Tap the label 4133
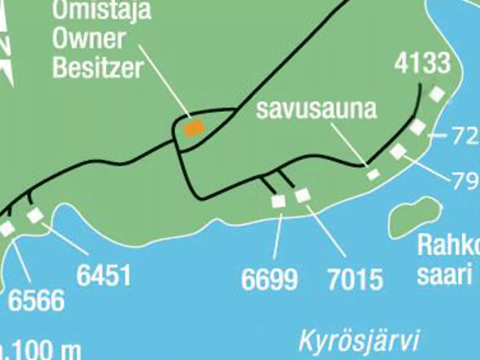(x=422, y=63)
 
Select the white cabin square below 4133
(x=437, y=94)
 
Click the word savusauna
(x=316, y=110)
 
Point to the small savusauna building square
(x=373, y=174)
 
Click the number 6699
(x=269, y=280)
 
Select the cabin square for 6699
(x=278, y=201)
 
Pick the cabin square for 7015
(x=302, y=196)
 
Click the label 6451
(x=104, y=275)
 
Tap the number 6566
(x=36, y=301)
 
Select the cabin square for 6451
(x=35, y=215)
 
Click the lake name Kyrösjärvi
(x=359, y=341)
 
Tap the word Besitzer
(x=98, y=68)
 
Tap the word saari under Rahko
(x=444, y=274)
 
